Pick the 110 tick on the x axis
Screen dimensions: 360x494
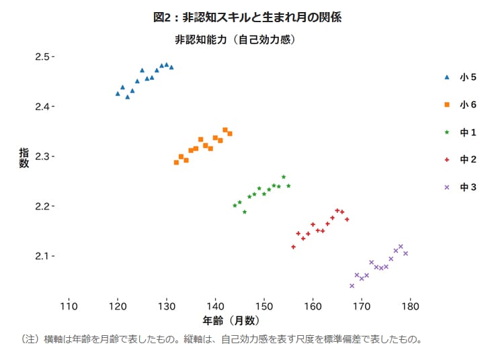click(69, 306)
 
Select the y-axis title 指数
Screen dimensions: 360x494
click(24, 158)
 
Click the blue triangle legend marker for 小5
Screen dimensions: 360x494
click(447, 77)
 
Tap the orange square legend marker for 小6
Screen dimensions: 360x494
click(447, 105)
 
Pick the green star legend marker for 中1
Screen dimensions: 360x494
click(447, 132)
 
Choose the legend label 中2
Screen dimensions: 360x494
click(468, 160)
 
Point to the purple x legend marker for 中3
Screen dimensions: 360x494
click(447, 187)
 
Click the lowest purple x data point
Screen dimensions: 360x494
click(352, 285)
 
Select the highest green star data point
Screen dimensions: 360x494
click(284, 177)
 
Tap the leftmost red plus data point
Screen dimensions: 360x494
click(293, 247)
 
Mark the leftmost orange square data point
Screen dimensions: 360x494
click(176, 162)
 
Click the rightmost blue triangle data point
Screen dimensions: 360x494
click(171, 67)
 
